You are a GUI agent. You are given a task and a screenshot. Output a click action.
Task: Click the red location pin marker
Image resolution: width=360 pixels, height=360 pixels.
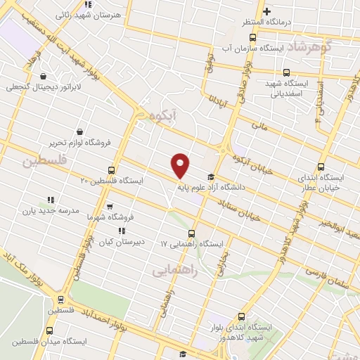pos(181,165)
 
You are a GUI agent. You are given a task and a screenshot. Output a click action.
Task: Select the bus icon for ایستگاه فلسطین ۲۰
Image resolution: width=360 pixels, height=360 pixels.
pos(112,170)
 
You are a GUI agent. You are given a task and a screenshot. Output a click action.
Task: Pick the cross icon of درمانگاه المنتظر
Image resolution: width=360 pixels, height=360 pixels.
pos(266,11)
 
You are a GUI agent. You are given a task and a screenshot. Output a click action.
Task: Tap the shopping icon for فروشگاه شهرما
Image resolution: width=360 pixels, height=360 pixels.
pos(109,207)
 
